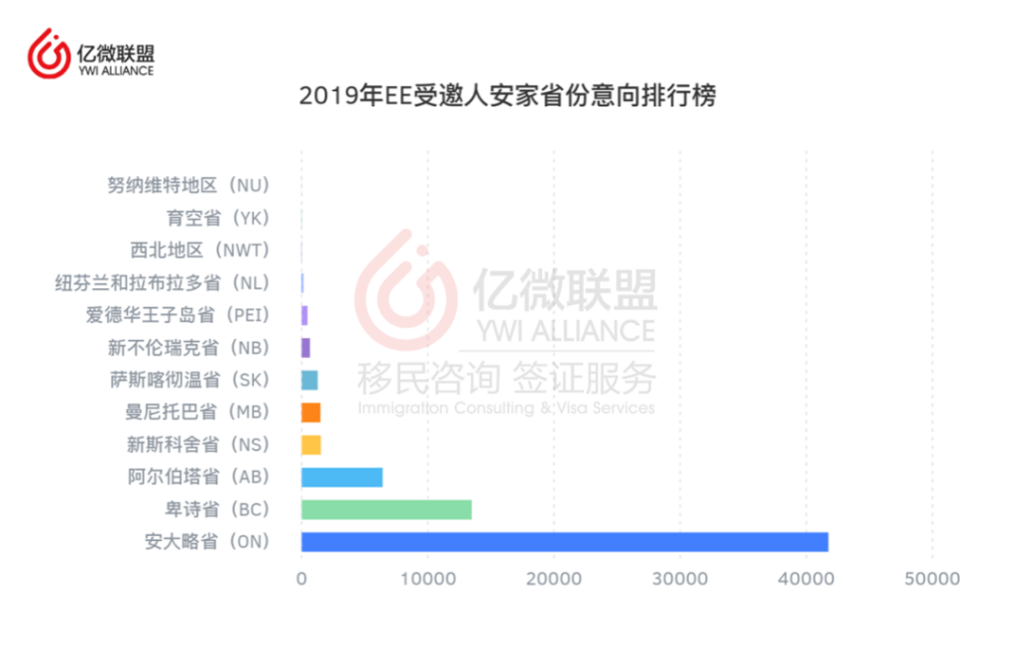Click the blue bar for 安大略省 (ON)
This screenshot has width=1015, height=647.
564,542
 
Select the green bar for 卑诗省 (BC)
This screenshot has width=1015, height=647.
386,509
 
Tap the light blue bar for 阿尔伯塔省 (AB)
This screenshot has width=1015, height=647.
341,477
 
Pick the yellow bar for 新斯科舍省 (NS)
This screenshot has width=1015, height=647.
310,444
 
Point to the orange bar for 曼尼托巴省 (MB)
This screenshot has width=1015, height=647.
310,412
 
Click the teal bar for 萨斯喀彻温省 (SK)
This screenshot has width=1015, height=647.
309,379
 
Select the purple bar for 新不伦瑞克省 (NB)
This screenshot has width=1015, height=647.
305,347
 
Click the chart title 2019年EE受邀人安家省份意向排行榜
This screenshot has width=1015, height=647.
507,97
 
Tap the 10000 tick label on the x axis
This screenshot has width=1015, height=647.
427,579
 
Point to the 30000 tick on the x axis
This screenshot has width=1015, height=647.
679,579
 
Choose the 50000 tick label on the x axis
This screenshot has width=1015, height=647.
932,579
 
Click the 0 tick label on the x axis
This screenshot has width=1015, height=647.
301,579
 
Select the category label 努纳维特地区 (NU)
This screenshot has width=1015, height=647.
188,185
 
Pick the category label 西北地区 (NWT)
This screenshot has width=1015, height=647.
200,250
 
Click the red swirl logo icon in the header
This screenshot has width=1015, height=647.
49,54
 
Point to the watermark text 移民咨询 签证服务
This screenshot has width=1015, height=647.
506,378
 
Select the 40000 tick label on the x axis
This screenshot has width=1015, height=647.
805,579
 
